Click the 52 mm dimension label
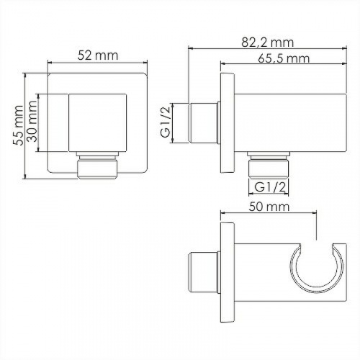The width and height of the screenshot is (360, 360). click(x=98, y=55)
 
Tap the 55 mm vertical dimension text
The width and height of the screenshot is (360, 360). click(x=18, y=125)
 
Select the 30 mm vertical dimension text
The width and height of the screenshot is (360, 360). click(x=32, y=121)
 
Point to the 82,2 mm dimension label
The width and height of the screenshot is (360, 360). click(x=268, y=42)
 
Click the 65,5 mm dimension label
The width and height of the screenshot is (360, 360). click(x=284, y=58)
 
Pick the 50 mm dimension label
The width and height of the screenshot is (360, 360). click(x=269, y=207)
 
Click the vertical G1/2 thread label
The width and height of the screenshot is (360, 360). click(x=166, y=122)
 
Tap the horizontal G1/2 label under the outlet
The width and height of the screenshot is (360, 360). click(x=270, y=187)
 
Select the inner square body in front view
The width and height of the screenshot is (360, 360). click(x=97, y=123)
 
